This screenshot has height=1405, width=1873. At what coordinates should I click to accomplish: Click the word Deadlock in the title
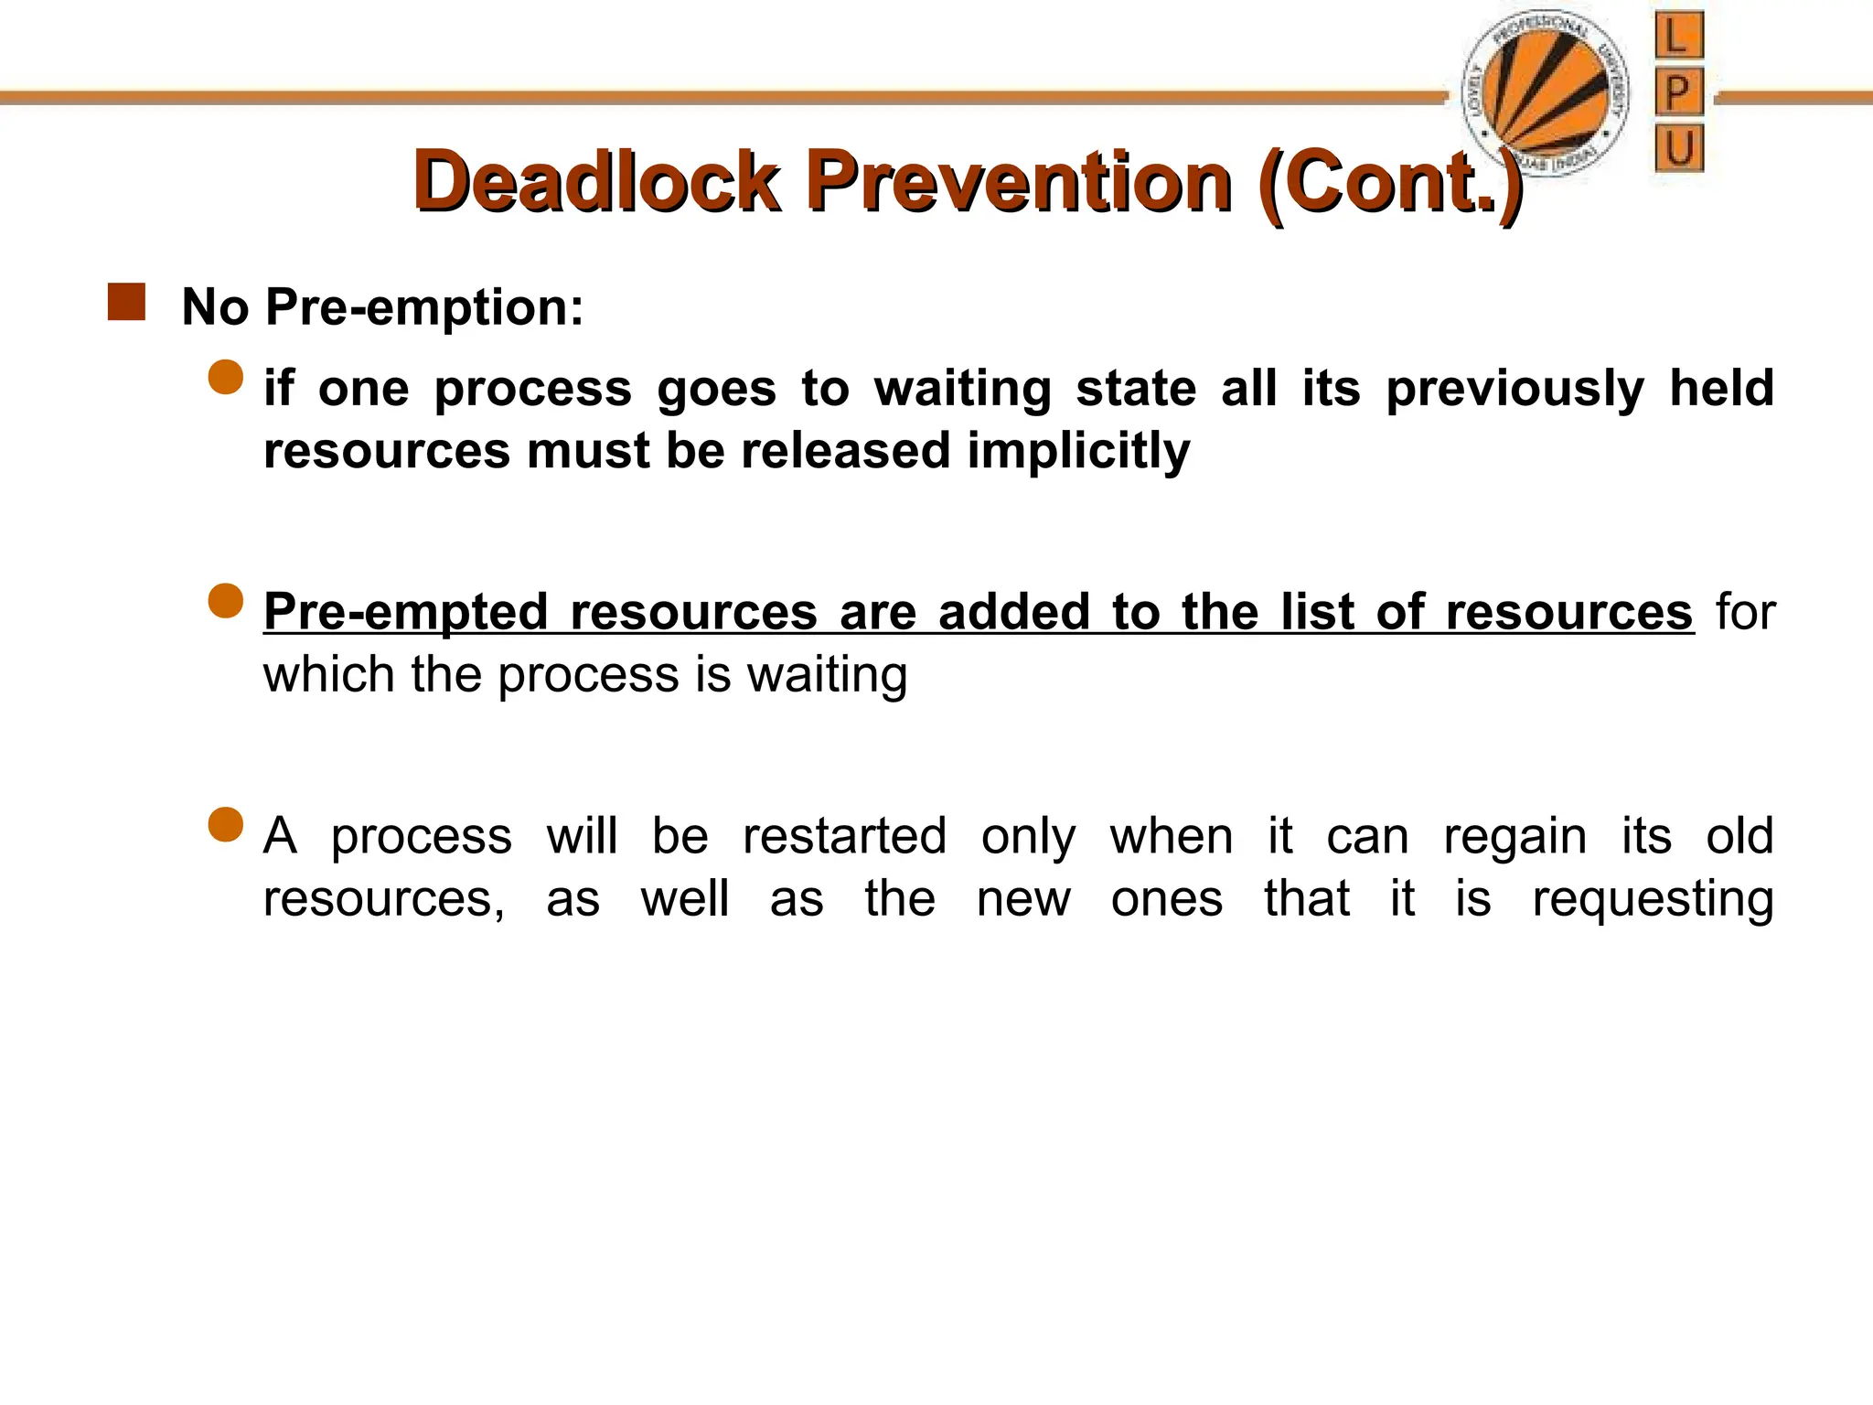tap(596, 181)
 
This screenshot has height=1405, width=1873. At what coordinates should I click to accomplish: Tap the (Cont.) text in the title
tap(1390, 183)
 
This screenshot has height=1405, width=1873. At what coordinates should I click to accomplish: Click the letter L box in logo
tap(1678, 37)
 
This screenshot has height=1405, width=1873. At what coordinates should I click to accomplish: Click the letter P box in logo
tap(1678, 91)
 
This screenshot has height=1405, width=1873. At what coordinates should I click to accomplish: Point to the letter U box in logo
tap(1678, 147)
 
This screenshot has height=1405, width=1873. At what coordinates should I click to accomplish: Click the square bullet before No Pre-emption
tap(126, 302)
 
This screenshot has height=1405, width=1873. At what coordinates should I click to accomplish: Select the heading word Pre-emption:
tap(424, 307)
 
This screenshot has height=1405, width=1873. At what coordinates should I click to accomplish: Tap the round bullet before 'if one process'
tap(226, 377)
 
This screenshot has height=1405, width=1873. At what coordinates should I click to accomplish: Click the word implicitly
tap(1078, 451)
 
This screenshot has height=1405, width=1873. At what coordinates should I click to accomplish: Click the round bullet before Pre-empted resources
tap(226, 601)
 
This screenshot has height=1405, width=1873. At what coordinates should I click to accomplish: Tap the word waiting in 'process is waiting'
tap(827, 676)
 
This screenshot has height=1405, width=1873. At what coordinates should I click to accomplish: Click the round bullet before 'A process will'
tap(226, 824)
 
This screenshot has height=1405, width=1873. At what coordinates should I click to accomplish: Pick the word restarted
tap(843, 836)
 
